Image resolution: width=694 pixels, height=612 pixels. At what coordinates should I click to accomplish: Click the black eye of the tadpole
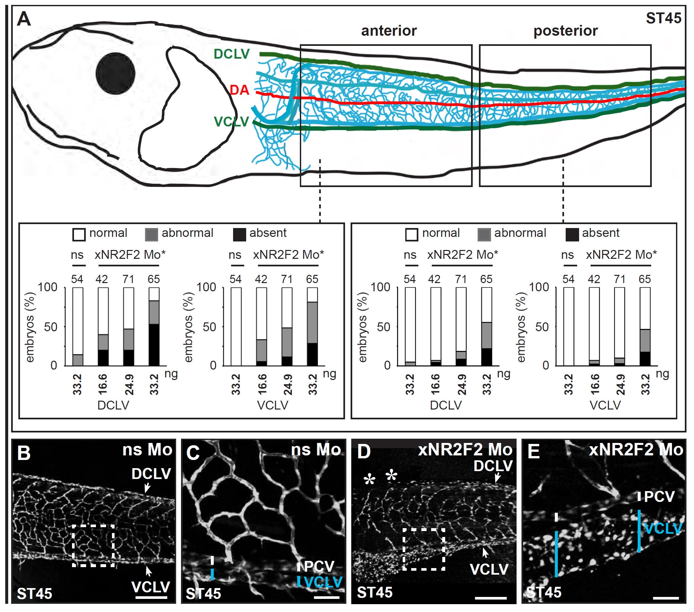click(116, 73)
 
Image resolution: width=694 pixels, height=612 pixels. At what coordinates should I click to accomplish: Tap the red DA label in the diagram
click(239, 90)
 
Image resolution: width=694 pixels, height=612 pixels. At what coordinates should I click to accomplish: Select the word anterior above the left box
click(389, 31)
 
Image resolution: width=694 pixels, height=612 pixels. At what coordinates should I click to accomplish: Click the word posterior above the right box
click(565, 31)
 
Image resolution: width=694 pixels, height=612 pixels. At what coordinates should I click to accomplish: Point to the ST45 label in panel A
click(664, 18)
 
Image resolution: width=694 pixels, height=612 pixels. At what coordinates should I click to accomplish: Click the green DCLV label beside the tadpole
click(231, 54)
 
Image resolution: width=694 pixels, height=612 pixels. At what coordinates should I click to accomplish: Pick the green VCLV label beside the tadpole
click(231, 122)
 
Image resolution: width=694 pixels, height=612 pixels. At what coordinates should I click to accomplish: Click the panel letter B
click(24, 453)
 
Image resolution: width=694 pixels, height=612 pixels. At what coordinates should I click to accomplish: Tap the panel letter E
click(533, 452)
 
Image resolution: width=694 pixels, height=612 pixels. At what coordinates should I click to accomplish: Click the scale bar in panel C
click(327, 597)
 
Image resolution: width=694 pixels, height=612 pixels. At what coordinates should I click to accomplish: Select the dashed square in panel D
click(424, 549)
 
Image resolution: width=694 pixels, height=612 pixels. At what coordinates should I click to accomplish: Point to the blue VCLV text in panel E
click(663, 528)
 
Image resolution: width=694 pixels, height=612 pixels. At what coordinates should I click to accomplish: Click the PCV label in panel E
click(659, 497)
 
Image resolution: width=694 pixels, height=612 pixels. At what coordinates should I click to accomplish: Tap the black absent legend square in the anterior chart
click(239, 235)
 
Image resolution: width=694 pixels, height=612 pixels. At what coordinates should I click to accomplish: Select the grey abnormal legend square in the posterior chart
click(484, 235)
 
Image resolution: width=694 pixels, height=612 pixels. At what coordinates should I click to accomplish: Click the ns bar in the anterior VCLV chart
click(236, 327)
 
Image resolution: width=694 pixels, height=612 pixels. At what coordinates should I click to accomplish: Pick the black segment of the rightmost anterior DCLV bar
click(154, 345)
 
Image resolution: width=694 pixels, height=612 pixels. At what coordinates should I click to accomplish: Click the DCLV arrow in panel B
click(147, 488)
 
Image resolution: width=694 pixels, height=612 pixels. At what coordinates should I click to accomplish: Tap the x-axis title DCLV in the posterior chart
click(446, 405)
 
